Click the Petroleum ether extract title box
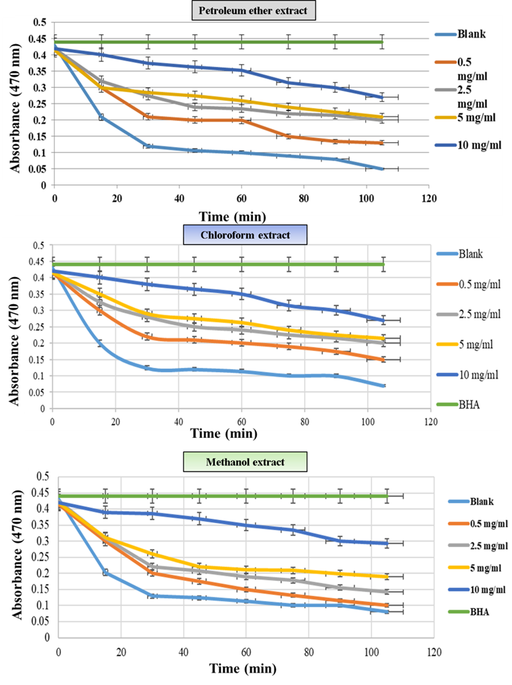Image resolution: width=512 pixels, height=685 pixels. point(253,10)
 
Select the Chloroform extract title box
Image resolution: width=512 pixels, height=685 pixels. point(245,235)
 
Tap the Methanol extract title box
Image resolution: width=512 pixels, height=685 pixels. point(245,462)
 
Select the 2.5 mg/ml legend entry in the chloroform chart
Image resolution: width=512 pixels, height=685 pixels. point(468,314)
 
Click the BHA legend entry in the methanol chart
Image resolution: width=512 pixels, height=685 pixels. point(468,611)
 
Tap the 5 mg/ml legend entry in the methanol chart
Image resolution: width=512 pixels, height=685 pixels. point(474,568)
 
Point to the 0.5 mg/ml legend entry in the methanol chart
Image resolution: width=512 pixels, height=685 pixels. point(478,523)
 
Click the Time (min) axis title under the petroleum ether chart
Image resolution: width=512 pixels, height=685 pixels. point(232,217)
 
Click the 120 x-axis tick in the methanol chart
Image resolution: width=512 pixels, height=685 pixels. point(434,653)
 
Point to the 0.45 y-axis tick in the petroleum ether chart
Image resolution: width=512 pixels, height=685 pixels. point(38,39)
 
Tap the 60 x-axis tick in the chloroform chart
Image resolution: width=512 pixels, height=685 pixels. point(241,422)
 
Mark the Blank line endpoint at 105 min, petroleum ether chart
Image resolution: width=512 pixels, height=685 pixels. point(382,169)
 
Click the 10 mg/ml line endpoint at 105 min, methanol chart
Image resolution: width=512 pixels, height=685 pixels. point(387,543)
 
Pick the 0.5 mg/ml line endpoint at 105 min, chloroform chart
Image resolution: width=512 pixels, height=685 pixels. point(384,360)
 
